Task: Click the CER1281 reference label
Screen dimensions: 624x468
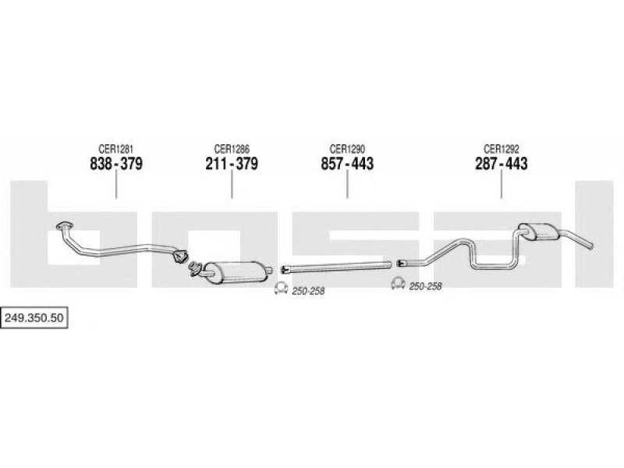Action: click(x=115, y=149)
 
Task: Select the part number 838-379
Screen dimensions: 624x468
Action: click(x=115, y=164)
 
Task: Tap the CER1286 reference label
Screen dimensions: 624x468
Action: click(x=232, y=149)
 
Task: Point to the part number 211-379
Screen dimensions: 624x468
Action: click(x=232, y=164)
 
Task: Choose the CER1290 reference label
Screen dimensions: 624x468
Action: click(x=347, y=149)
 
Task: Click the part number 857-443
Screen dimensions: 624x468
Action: click(x=347, y=164)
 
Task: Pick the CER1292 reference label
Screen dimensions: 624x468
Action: click(x=501, y=149)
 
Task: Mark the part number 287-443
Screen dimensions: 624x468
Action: click(x=501, y=164)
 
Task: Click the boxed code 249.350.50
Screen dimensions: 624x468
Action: click(x=34, y=317)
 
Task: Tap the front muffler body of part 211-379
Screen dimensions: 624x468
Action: click(x=233, y=271)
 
